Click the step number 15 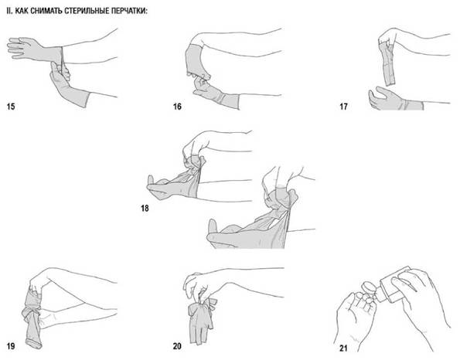point(11,106)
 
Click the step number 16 point(177,106)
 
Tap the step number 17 point(343,106)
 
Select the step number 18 point(145,208)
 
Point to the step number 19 point(11,346)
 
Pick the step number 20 point(177,346)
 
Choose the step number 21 point(343,348)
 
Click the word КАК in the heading point(22,11)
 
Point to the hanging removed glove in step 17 point(388,63)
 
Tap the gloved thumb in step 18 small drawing point(150,181)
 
